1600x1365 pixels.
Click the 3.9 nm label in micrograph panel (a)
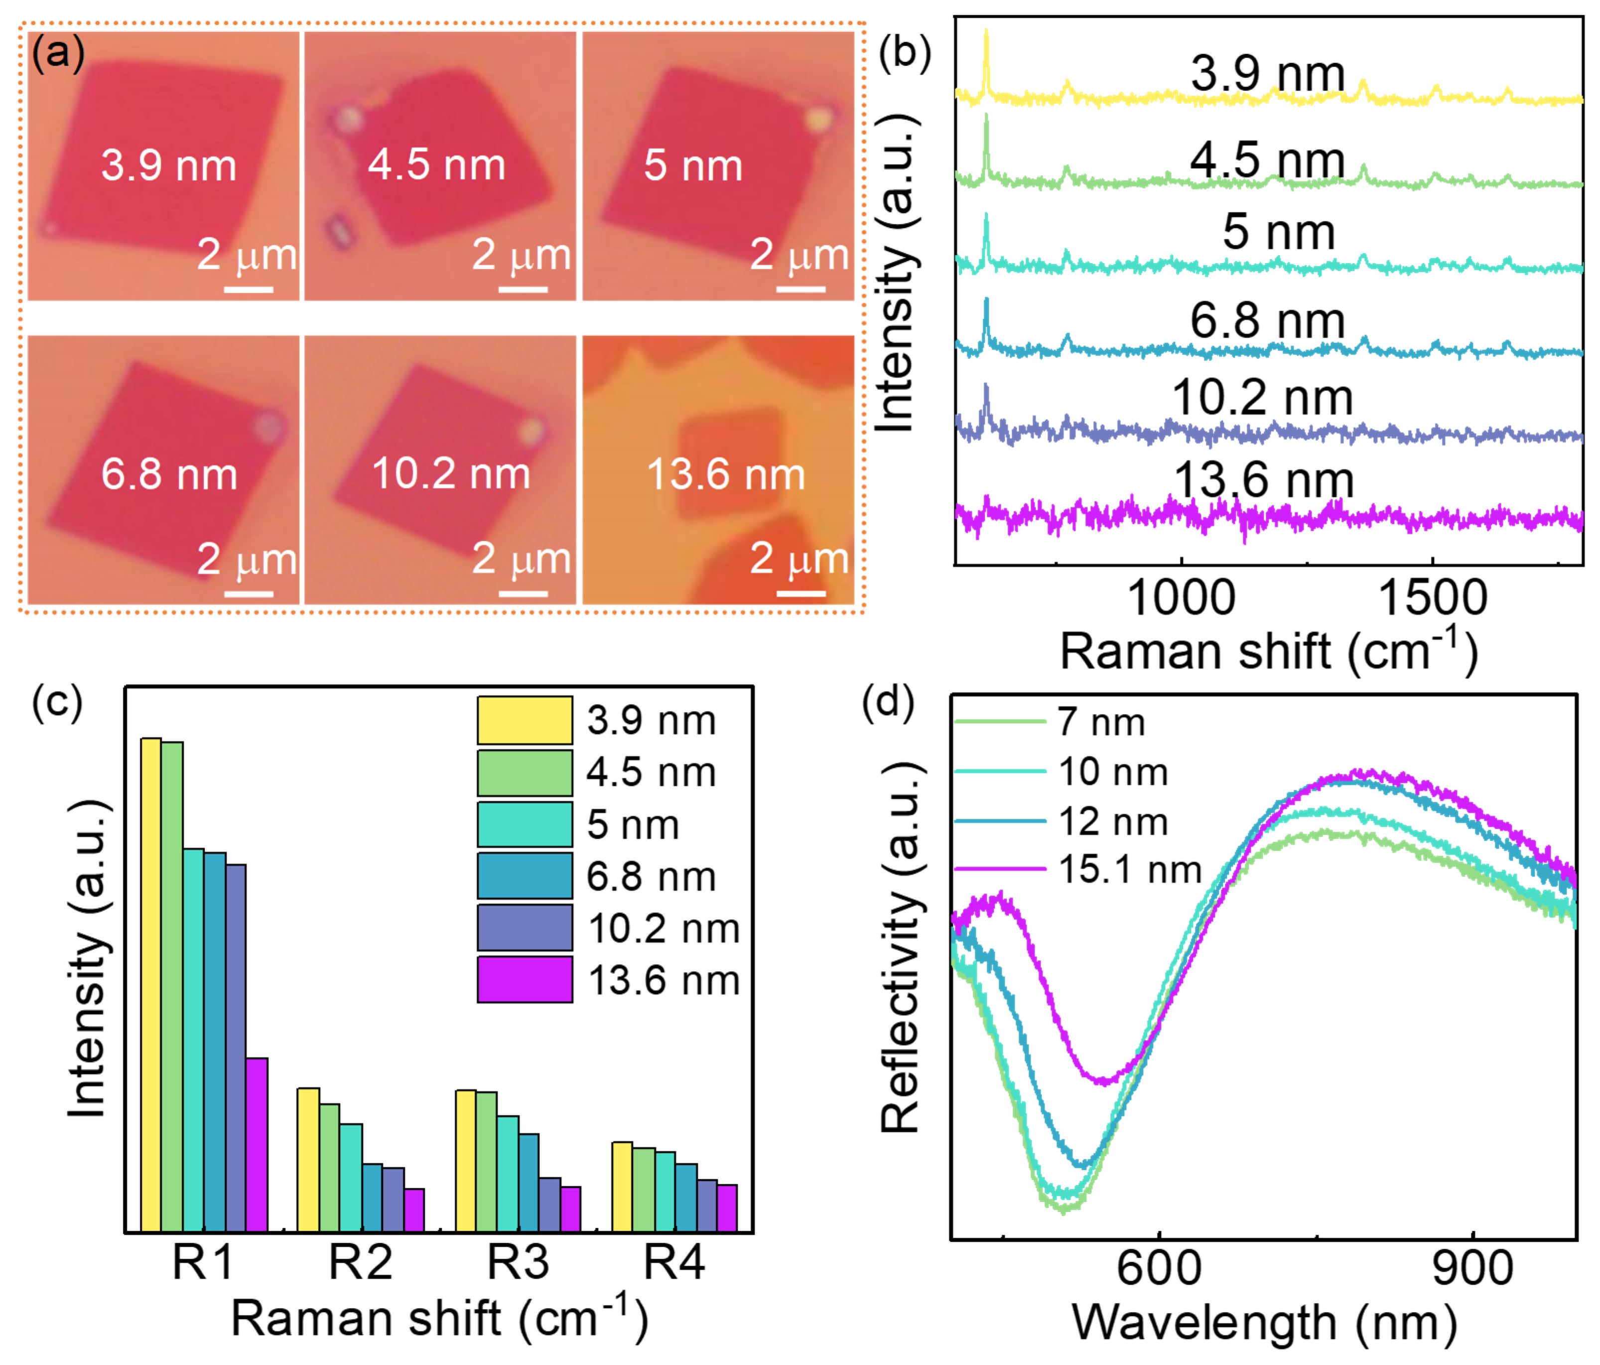pyautogui.click(x=168, y=165)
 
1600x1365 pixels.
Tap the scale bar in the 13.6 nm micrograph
pyautogui.click(x=801, y=593)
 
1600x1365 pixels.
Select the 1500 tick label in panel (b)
pyautogui.click(x=1433, y=597)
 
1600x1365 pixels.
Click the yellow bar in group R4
pyautogui.click(x=622, y=1186)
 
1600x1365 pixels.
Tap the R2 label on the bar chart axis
pyautogui.click(x=361, y=1262)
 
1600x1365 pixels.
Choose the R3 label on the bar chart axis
pyautogui.click(x=518, y=1262)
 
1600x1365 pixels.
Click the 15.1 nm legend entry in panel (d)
pyautogui.click(x=1130, y=870)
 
